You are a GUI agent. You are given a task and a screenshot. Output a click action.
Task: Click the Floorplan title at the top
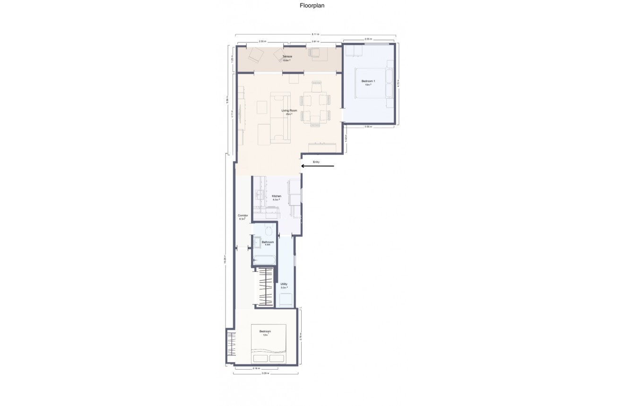tap(312, 6)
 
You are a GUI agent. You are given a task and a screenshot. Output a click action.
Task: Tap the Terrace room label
tap(287, 57)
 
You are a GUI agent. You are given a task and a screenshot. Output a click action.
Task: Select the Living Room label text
tap(286, 111)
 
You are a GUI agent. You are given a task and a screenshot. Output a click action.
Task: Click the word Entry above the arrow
tap(316, 162)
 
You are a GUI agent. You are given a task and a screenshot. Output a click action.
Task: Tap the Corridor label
tap(243, 216)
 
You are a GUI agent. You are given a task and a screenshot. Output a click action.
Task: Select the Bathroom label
tap(268, 242)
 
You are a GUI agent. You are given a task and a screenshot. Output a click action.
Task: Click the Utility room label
tap(284, 285)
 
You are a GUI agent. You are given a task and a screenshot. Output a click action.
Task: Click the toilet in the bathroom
tap(268, 229)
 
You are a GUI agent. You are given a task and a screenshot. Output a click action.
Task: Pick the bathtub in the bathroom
tap(265, 260)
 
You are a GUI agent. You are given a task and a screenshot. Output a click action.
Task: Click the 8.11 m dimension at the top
tap(315, 35)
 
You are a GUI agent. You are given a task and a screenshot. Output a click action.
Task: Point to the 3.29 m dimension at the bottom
tap(266, 373)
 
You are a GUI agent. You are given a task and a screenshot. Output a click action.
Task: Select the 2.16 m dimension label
tap(256, 368)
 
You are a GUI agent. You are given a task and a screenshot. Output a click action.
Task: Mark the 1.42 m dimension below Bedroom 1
tap(347, 139)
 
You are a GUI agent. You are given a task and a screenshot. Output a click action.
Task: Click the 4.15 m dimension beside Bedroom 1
tap(400, 84)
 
